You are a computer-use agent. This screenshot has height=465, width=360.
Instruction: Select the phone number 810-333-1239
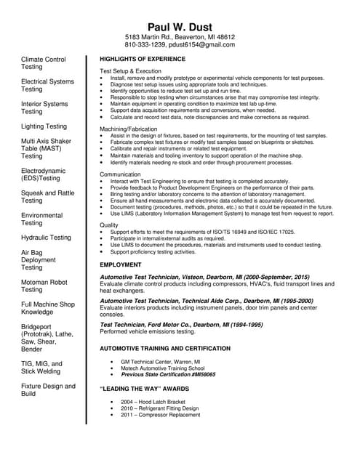(x=145, y=45)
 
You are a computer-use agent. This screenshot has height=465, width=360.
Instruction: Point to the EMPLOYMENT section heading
(x=121, y=265)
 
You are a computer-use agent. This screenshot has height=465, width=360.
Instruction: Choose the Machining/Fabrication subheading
(x=127, y=129)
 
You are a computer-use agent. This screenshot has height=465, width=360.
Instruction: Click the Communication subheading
(x=120, y=174)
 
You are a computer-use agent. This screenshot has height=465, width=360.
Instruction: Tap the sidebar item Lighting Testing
(x=44, y=126)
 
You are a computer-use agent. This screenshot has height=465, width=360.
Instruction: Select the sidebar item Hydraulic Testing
(x=46, y=238)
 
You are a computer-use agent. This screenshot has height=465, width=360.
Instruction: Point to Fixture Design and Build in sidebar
(x=48, y=390)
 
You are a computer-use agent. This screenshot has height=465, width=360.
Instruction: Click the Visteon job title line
(x=204, y=278)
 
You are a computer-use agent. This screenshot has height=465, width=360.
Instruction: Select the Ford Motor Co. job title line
(x=181, y=325)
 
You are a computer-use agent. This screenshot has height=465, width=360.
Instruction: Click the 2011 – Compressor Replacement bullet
(x=160, y=415)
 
